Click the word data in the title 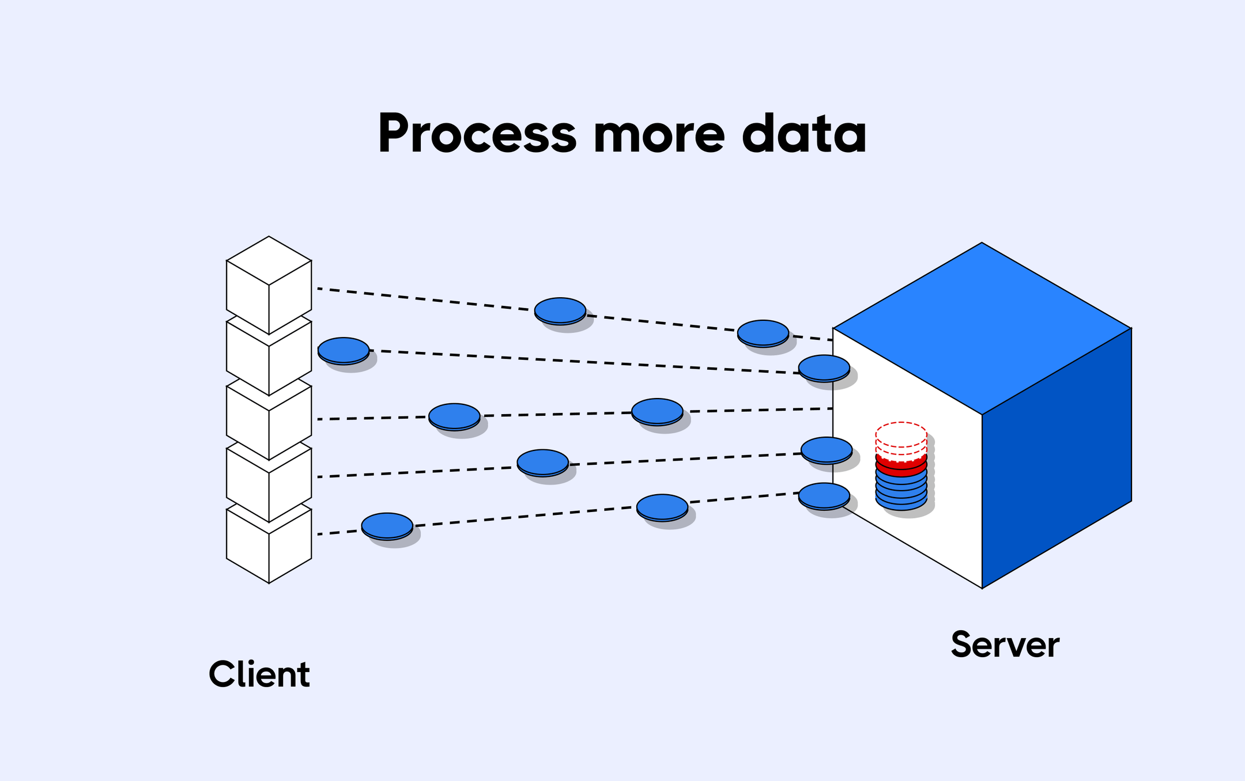point(804,134)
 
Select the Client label point(259,674)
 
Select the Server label point(1005,644)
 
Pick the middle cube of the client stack point(269,420)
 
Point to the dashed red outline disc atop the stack point(901,435)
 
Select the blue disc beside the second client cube point(344,350)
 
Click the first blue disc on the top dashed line point(560,310)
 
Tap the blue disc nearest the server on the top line point(763,332)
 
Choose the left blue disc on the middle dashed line point(454,415)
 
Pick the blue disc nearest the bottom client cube point(387,525)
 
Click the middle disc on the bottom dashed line point(662,507)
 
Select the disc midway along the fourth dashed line point(542,461)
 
